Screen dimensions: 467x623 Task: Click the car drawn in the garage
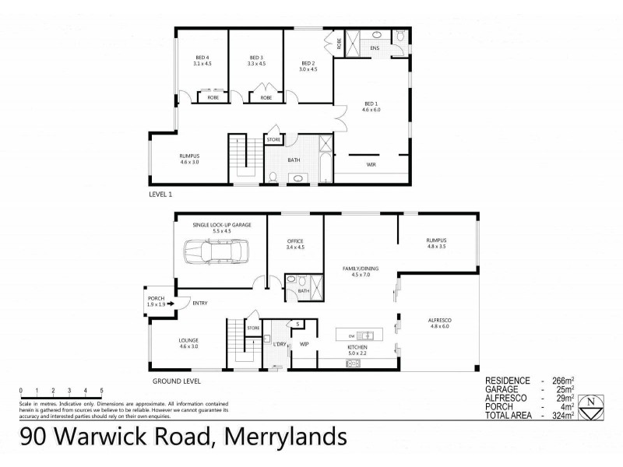(215, 252)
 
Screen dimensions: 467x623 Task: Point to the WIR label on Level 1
(371, 165)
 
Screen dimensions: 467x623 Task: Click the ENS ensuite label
(374, 48)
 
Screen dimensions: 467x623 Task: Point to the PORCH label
(157, 300)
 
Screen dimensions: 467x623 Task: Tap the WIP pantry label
(304, 346)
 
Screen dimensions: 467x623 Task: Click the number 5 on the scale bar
(102, 389)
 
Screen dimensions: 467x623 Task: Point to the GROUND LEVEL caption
(177, 381)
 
